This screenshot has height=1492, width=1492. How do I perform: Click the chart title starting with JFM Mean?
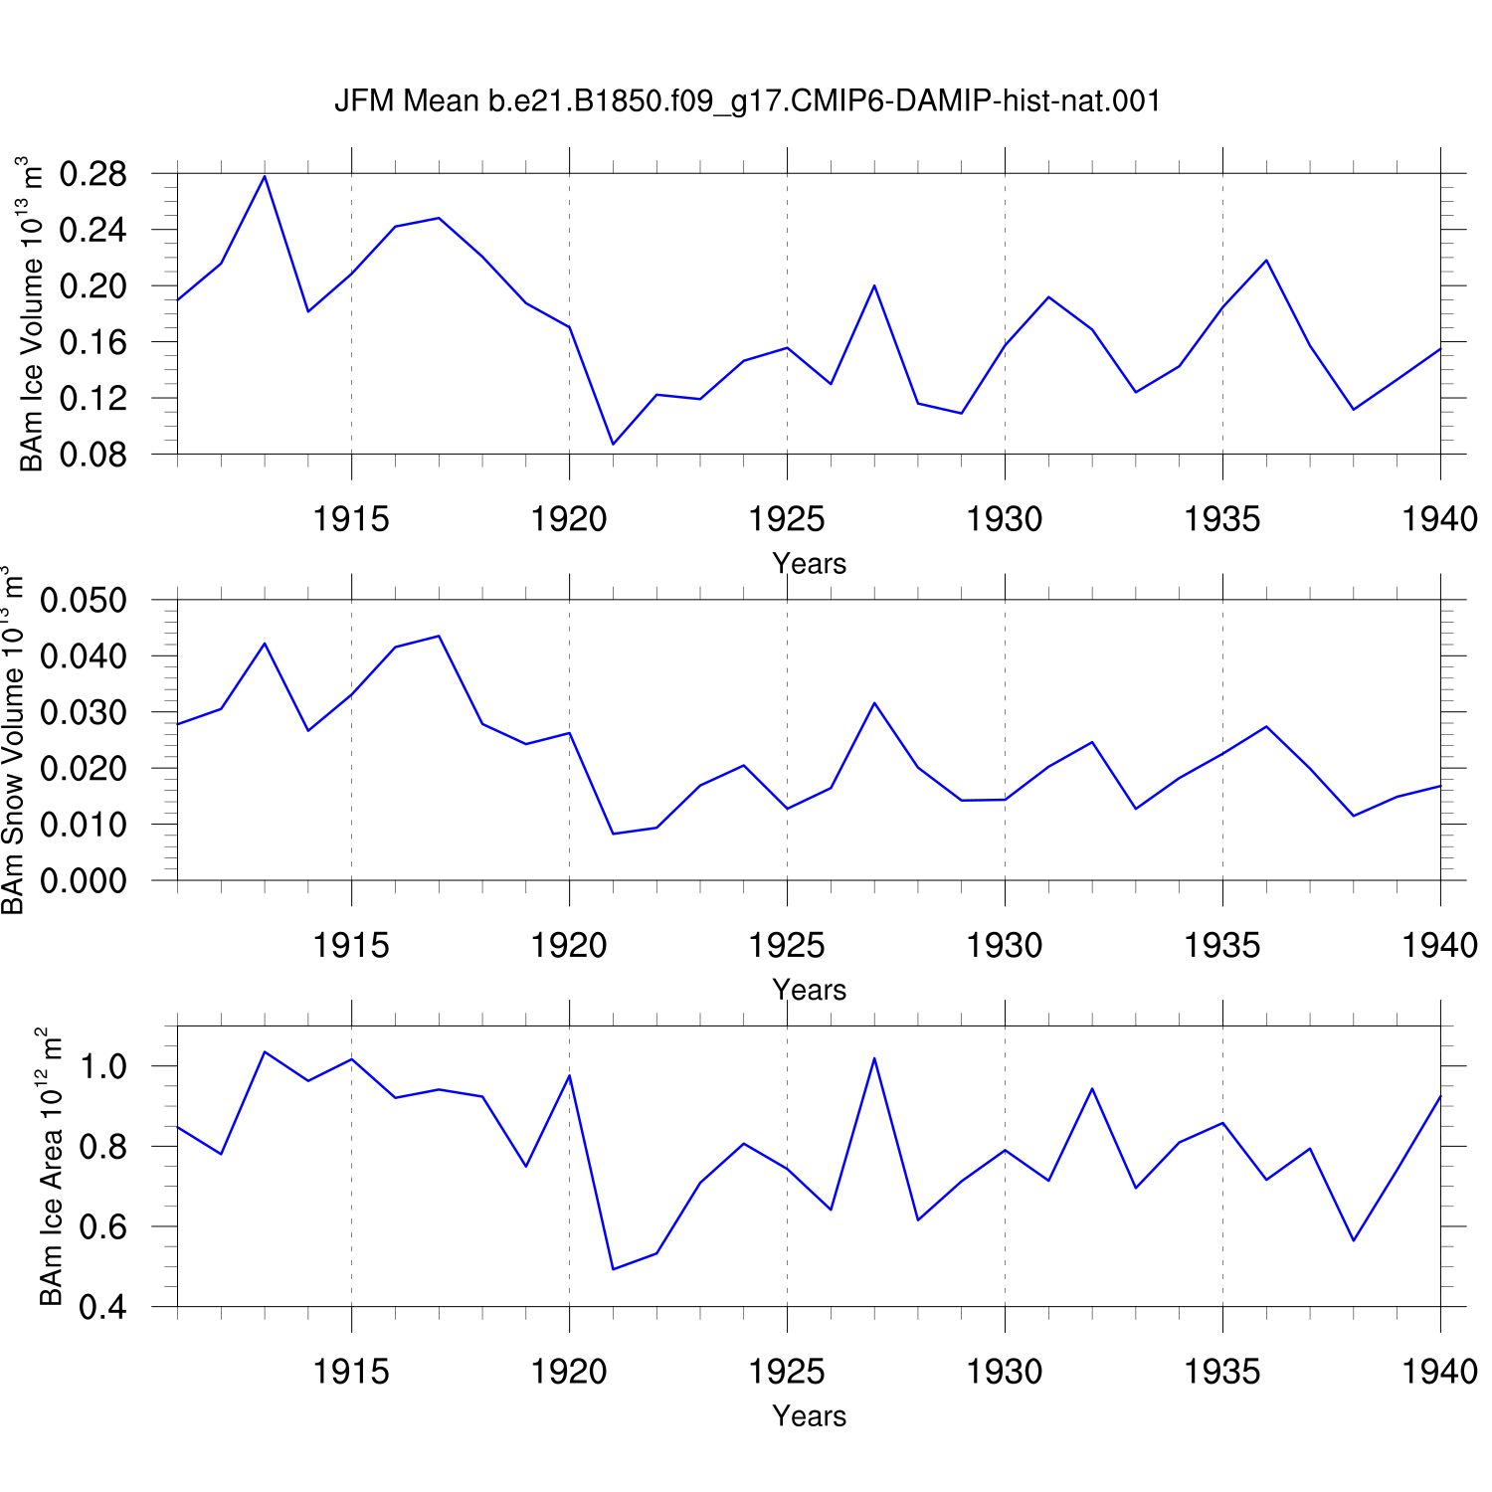pyautogui.click(x=747, y=100)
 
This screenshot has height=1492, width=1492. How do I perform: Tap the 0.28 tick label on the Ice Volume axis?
pyautogui.click(x=93, y=174)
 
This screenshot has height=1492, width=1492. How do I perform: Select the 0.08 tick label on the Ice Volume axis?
pyautogui.click(x=93, y=455)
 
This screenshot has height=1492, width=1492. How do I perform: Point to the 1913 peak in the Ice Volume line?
pyautogui.click(x=265, y=176)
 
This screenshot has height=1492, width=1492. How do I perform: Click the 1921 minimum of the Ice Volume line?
pyautogui.click(x=613, y=444)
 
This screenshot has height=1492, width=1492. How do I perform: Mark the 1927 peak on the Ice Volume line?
pyautogui.click(x=874, y=285)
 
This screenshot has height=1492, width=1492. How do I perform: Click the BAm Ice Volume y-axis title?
pyautogui.click(x=31, y=313)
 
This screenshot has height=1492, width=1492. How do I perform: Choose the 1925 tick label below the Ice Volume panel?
pyautogui.click(x=787, y=518)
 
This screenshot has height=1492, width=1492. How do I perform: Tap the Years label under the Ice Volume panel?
pyautogui.click(x=810, y=564)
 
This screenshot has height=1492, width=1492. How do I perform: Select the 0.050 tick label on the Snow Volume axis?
pyautogui.click(x=84, y=601)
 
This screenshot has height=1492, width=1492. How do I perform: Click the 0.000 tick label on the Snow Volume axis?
pyautogui.click(x=84, y=880)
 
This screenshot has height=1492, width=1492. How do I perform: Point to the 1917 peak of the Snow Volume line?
pyautogui.click(x=439, y=636)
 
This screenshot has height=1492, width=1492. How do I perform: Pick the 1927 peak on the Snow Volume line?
pyautogui.click(x=874, y=703)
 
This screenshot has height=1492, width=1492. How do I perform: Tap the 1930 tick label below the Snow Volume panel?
pyautogui.click(x=1005, y=945)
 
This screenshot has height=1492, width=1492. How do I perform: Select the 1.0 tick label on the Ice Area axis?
pyautogui.click(x=103, y=1066)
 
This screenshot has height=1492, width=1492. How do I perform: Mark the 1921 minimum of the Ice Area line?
pyautogui.click(x=613, y=1269)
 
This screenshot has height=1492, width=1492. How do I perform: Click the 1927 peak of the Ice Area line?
pyautogui.click(x=874, y=1058)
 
